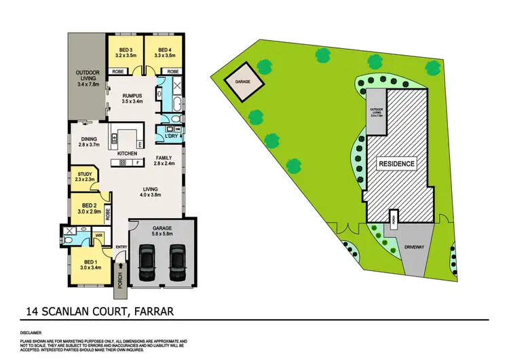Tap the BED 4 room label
tap(163, 49)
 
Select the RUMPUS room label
tap(132, 96)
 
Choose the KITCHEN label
tap(128, 154)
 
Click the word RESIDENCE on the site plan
tap(397, 164)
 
